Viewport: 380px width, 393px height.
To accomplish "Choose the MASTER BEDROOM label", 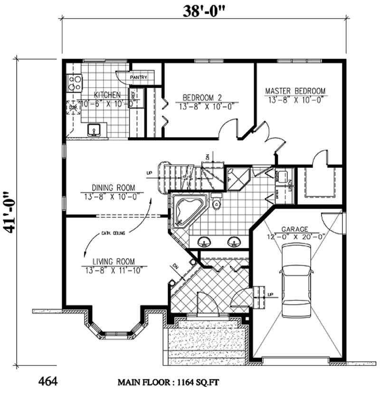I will coord(295,91).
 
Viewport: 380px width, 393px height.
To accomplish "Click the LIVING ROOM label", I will coord(114,261).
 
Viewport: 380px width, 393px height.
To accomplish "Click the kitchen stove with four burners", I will coord(75,84).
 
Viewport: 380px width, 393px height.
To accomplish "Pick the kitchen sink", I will coord(94,129).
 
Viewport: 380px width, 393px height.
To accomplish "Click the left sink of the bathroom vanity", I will coord(204,242).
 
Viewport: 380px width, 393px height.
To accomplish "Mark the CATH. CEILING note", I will coord(114,233).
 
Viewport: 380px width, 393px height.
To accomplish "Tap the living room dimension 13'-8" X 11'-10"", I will coord(114,270).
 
